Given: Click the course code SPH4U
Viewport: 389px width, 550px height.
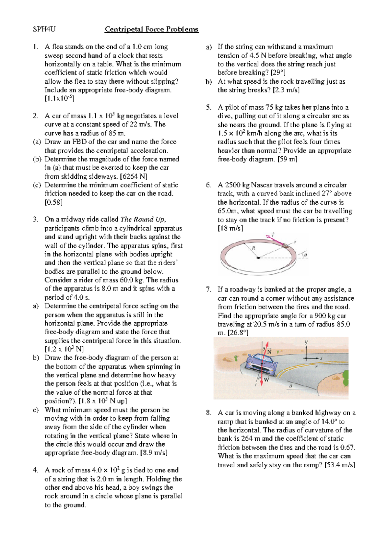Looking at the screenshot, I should click(44, 30).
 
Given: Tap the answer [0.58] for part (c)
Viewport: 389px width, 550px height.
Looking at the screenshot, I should click(53, 202).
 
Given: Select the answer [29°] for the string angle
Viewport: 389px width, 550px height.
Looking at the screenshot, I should click(276, 73).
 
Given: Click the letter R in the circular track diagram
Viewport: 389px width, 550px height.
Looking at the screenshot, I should click(253, 248).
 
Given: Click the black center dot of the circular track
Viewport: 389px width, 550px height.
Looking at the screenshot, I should click(258, 258).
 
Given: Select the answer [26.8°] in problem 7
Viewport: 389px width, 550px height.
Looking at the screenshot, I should click(238, 333).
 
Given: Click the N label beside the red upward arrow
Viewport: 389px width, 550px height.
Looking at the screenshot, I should click(269, 352).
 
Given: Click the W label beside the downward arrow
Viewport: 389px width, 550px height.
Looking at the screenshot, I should click(266, 379).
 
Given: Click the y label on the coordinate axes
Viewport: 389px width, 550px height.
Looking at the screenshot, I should click(306, 342).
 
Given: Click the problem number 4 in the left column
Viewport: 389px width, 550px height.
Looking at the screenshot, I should click(35, 470).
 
